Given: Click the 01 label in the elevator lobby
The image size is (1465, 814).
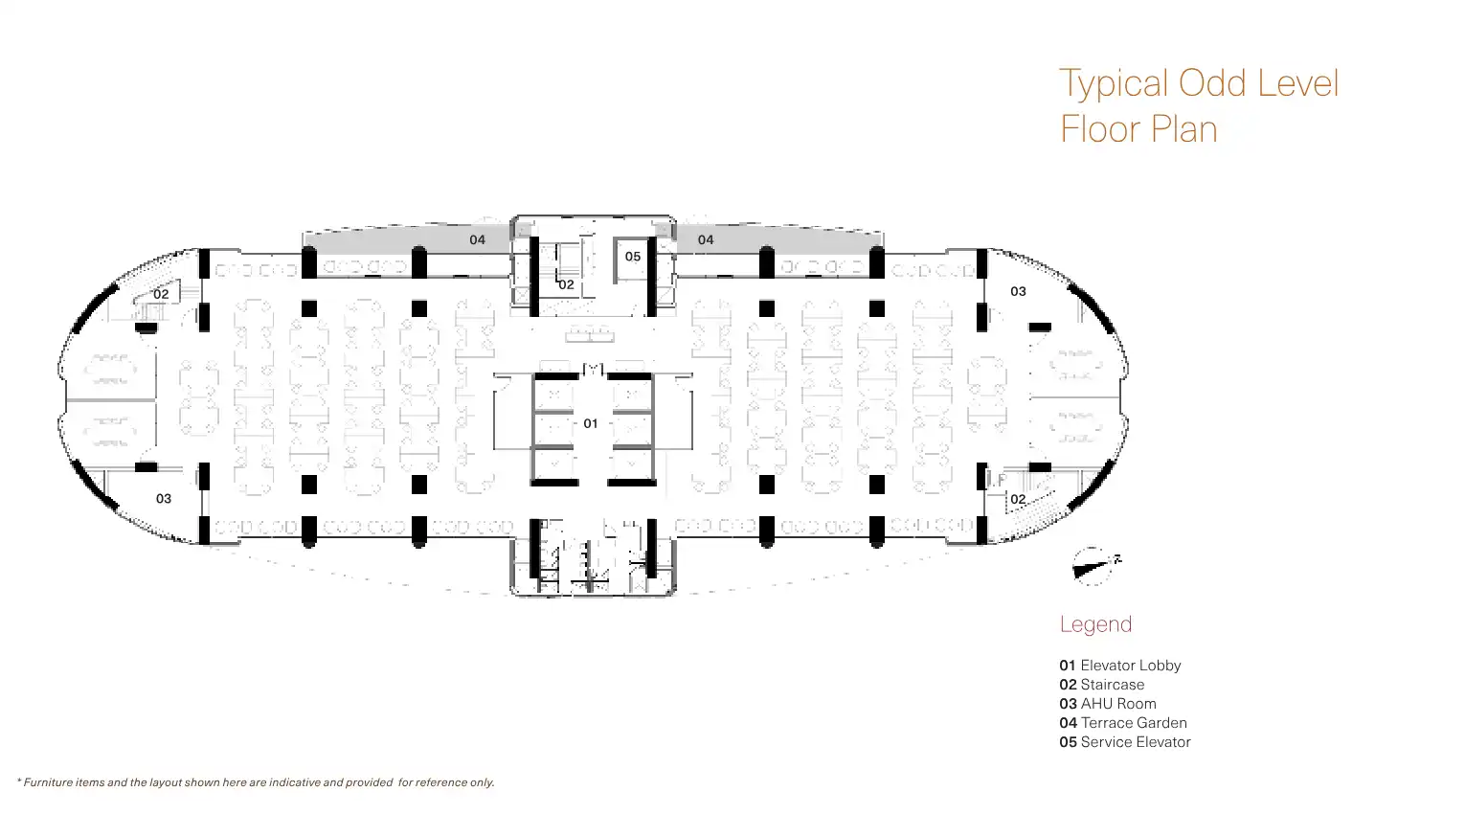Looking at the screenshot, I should pyautogui.click(x=591, y=423).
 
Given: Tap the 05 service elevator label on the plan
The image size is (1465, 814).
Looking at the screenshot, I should pyautogui.click(x=633, y=257).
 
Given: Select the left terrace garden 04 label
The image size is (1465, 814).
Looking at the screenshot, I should pyautogui.click(x=477, y=239).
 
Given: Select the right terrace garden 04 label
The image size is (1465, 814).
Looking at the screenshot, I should pyautogui.click(x=706, y=239).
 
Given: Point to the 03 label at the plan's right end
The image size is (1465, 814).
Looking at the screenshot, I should pyautogui.click(x=1018, y=291).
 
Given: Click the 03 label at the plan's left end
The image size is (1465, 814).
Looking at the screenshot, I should pyautogui.click(x=164, y=498).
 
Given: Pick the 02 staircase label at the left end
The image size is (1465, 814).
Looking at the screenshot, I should pyautogui.click(x=161, y=294).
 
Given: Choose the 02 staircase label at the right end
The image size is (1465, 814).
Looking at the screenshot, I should pyautogui.click(x=1018, y=499).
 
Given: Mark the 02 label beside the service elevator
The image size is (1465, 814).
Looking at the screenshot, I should pyautogui.click(x=566, y=284).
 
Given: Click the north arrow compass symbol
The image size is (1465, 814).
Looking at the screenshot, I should pyautogui.click(x=1092, y=567).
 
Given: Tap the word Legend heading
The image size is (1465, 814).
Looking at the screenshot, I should pyautogui.click(x=1095, y=624).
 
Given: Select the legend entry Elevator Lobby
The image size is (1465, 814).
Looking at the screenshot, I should pyautogui.click(x=1130, y=666).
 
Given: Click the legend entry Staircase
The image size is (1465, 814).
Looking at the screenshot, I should pyautogui.click(x=1112, y=685).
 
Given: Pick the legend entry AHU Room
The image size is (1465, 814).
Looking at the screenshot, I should pyautogui.click(x=1118, y=704).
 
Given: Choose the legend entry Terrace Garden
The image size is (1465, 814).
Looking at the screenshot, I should pyautogui.click(x=1134, y=723).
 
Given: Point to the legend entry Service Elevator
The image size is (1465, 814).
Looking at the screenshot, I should pyautogui.click(x=1136, y=742).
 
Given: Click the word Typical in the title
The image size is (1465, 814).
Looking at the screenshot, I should pyautogui.click(x=1115, y=84).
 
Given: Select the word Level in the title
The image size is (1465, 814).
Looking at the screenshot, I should pyautogui.click(x=1297, y=83).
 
